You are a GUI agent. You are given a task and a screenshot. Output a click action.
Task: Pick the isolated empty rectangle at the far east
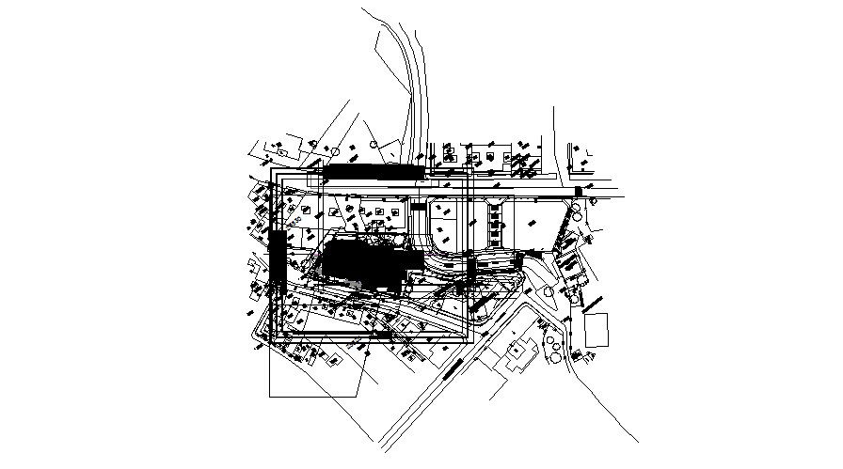(596, 331)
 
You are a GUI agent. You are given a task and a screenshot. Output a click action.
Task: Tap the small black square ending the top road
(578, 193)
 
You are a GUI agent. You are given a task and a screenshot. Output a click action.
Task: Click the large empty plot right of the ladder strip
(532, 226)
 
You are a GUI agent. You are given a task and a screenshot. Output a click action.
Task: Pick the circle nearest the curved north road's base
(374, 146)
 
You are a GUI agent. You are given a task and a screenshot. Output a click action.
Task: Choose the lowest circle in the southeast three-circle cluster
(556, 357)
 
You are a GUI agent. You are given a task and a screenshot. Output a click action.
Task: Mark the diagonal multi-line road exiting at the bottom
(442, 376)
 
